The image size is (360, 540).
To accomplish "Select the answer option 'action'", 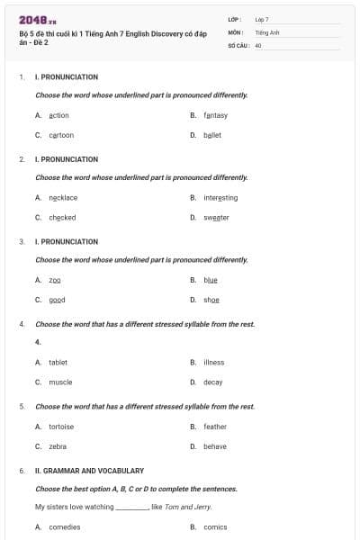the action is click(58, 115).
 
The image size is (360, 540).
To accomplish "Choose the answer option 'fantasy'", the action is click(216, 115).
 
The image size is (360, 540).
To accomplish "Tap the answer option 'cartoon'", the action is click(61, 135).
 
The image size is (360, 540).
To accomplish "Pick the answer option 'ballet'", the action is click(212, 135).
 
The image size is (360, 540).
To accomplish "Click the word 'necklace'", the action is click(63, 197).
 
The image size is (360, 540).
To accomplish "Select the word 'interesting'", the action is click(220, 197).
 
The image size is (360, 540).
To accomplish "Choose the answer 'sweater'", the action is click(216, 217).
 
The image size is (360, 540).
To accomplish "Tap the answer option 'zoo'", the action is click(55, 280).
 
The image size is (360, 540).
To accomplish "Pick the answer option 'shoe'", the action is click(211, 300).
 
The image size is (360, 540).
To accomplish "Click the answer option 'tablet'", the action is click(58, 362).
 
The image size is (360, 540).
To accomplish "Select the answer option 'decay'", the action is click(213, 382).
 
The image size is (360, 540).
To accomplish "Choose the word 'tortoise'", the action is click(61, 427).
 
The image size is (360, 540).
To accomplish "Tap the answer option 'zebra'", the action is click(58, 446).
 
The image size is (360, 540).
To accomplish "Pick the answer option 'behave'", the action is click(215, 446).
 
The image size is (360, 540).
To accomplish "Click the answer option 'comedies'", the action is click(65, 527).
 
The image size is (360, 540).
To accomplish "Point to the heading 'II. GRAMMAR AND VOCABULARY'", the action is click(89, 471).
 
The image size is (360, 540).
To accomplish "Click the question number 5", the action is click(22, 406).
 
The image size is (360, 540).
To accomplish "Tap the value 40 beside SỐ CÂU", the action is click(258, 44).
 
